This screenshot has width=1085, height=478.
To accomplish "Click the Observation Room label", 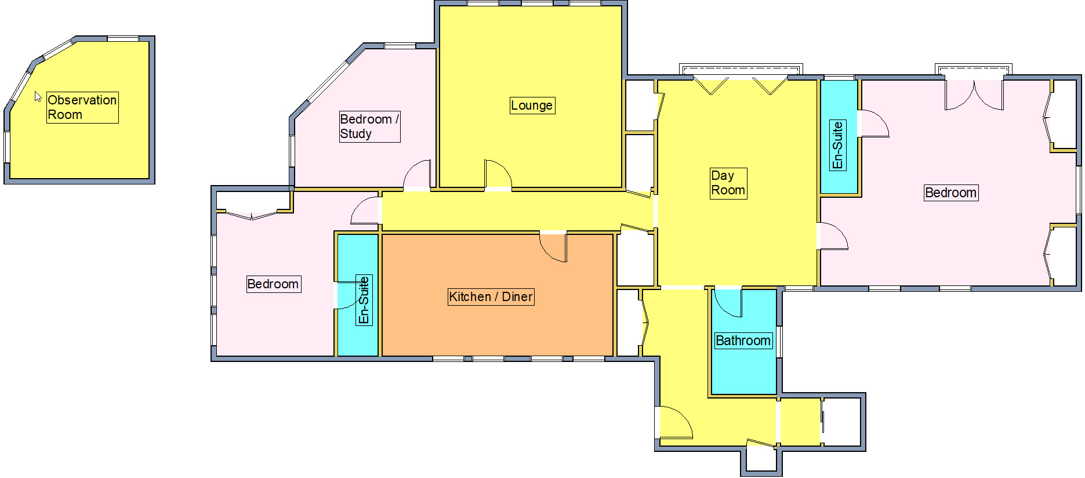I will pos(82,107).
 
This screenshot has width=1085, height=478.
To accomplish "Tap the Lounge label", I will pos(532,106).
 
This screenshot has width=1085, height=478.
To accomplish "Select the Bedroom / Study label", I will pos(369,126).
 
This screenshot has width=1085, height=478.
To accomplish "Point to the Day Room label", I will pos(728,183).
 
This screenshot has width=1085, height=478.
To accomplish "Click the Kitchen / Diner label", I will pos(491,297).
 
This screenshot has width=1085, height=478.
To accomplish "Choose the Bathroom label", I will pos(743,341).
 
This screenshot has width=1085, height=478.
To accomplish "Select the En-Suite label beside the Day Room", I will pos(837,145).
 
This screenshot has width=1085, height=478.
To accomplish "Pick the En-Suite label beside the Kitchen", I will pos(364,300).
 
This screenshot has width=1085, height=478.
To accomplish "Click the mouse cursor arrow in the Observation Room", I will pos(38,96).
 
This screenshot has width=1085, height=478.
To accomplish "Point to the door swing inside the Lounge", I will pos(497,174).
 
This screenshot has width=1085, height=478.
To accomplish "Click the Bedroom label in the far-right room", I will pos(951,193).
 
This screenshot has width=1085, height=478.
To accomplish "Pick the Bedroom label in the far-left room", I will pos(273,284).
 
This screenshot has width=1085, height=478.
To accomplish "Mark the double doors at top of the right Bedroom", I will pos(974,95).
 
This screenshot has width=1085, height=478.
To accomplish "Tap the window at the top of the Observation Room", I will pos(123,39).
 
